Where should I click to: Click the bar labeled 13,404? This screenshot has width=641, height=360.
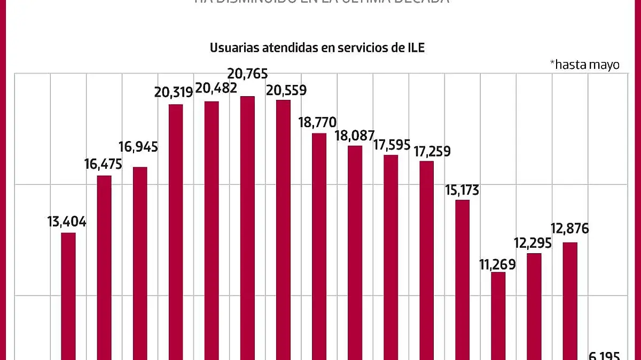(68, 296)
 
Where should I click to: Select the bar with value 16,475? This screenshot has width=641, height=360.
(104, 267)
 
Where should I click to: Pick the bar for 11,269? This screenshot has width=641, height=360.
(498, 316)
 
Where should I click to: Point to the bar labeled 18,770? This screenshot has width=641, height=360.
(319, 246)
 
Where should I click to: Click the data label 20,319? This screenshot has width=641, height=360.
(174, 92)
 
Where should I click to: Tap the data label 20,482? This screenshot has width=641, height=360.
(217, 88)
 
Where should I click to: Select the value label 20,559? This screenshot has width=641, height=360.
(286, 90)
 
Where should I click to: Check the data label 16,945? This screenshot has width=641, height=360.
(138, 147)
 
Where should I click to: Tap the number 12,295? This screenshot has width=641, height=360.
(533, 244)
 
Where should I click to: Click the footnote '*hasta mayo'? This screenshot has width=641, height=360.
(584, 65)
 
